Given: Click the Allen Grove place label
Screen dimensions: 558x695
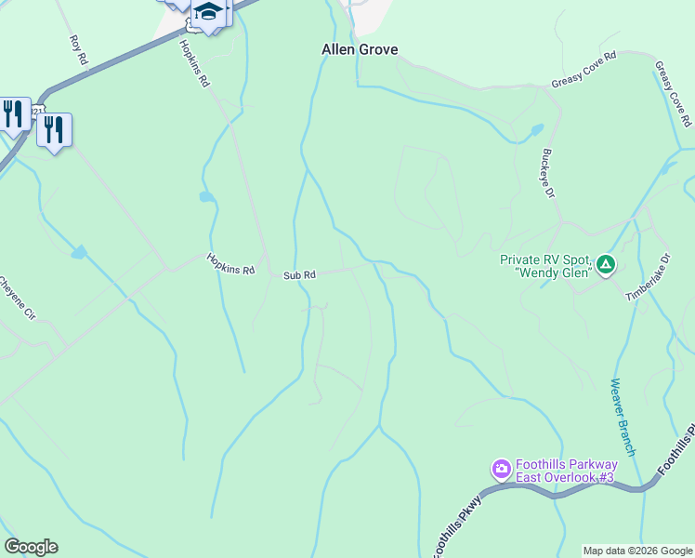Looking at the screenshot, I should coord(359,49).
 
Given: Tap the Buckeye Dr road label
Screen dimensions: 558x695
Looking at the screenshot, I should coord(547,173).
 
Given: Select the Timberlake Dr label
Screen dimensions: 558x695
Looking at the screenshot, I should coord(647,277).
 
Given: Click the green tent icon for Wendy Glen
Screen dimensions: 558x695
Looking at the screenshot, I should coord(606,265).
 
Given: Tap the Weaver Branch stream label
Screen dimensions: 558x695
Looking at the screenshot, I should coord(623,417).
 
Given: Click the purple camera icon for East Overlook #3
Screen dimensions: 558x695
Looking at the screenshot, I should coord(502,469).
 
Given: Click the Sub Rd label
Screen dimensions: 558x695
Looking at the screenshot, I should coord(299,275).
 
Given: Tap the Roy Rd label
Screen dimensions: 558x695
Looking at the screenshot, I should coord(78,51).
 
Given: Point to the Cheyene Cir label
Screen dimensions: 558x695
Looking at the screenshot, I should coord(17,299).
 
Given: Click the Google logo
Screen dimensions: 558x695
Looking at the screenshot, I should coord(31,547).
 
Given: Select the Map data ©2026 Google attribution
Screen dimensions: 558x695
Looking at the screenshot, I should coord(637,551).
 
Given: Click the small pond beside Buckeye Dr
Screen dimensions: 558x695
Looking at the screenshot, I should coord(536,129).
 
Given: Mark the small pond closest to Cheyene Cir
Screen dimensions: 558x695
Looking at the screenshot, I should coord(79,252).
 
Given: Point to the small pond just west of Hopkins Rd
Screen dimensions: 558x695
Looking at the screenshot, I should coord(205,197).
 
